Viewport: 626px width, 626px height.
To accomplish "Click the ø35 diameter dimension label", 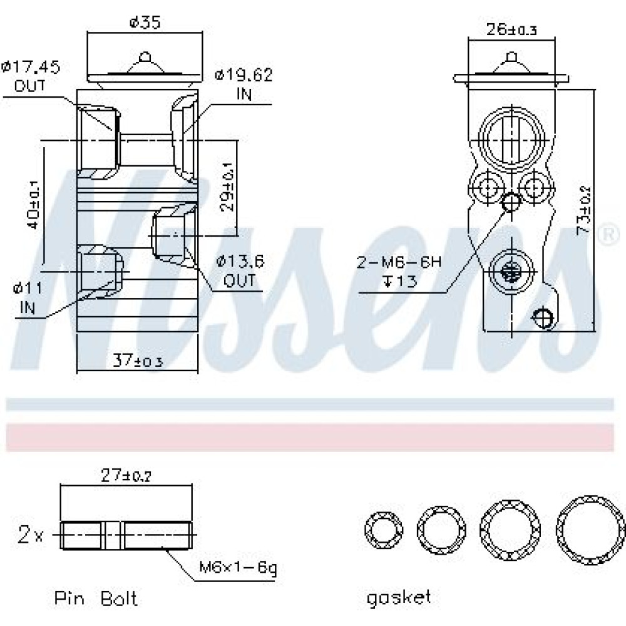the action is [x=145, y=22].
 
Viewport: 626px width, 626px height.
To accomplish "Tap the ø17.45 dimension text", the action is [x=31, y=66].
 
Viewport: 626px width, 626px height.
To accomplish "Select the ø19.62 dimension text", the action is [x=244, y=74].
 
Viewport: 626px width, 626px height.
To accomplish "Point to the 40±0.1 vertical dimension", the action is [x=33, y=205].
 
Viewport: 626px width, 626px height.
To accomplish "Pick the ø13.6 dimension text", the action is [x=240, y=262].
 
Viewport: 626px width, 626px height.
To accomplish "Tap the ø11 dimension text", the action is [x=28, y=288].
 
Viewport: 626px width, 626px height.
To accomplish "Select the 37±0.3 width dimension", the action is [x=138, y=361].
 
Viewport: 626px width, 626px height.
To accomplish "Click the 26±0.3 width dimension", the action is [x=511, y=29].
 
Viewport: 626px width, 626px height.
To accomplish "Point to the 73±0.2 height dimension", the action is [x=583, y=210].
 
